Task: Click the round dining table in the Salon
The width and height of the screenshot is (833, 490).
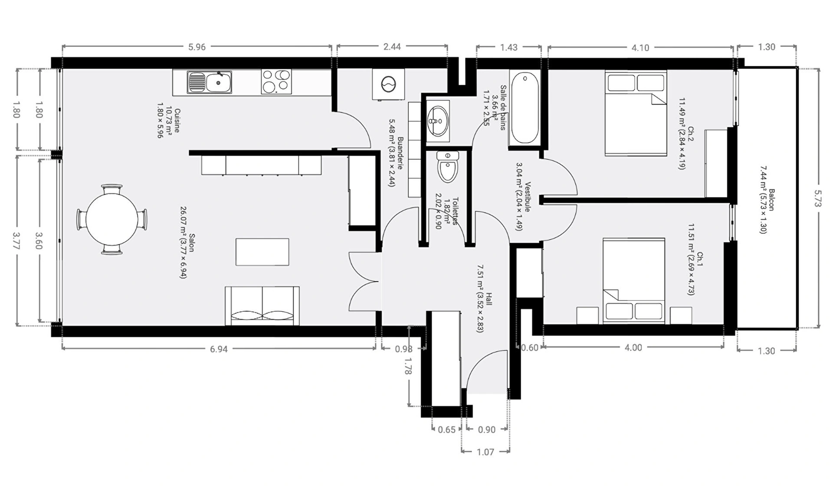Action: (x=112, y=219)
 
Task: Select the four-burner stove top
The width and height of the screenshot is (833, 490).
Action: (x=276, y=82)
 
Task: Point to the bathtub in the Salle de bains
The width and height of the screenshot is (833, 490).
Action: (x=525, y=108)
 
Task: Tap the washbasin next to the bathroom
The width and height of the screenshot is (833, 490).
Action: (x=438, y=121)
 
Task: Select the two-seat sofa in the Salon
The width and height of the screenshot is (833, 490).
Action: (x=262, y=306)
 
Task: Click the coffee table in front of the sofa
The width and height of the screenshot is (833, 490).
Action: (x=262, y=252)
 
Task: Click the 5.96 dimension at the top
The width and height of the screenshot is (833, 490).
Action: (x=197, y=47)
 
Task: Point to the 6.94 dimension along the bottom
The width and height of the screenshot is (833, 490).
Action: (x=219, y=349)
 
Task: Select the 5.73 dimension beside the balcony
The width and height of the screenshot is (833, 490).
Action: (x=817, y=198)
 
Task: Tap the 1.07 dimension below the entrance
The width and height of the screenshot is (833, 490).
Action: (x=485, y=452)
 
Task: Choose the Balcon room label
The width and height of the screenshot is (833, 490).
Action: (x=771, y=200)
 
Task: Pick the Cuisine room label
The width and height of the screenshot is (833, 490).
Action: (x=177, y=121)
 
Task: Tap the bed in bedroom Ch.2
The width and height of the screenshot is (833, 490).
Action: (x=636, y=113)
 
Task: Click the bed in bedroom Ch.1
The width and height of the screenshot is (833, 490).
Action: (x=634, y=280)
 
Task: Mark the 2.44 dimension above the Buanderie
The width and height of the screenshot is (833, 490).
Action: (x=392, y=46)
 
